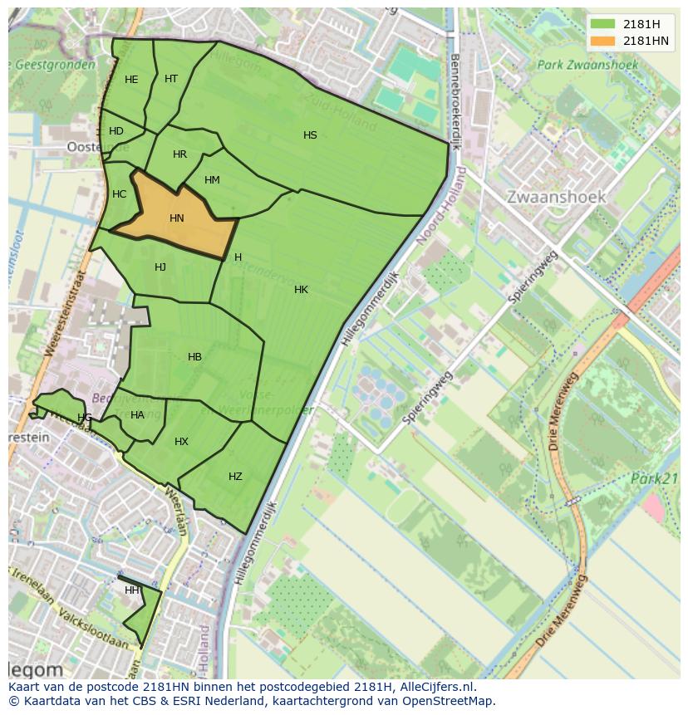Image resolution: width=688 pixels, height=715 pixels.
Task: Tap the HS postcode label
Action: click(x=310, y=135)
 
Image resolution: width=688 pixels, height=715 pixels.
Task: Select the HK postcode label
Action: click(x=301, y=290)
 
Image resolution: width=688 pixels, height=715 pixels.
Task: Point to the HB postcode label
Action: click(x=194, y=357)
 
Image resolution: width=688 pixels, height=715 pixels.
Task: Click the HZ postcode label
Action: click(x=235, y=477)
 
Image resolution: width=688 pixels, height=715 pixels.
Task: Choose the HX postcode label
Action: click(x=181, y=442)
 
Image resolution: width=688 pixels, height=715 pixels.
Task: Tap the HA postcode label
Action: click(x=137, y=415)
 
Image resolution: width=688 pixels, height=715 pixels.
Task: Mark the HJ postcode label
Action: click(x=160, y=267)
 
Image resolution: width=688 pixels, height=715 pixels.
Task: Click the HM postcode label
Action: click(x=212, y=180)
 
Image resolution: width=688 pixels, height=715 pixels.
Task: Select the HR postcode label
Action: click(x=179, y=154)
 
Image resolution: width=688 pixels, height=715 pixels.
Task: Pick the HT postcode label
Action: click(x=171, y=79)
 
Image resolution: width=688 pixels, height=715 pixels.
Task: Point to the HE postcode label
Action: click(x=131, y=80)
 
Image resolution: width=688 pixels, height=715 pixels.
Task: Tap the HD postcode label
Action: click(x=116, y=131)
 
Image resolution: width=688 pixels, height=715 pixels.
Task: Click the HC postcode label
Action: click(x=119, y=194)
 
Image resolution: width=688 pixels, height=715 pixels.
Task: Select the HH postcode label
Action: click(x=132, y=590)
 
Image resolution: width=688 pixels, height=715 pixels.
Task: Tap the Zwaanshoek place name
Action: click(x=556, y=198)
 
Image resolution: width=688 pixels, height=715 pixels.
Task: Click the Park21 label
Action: click(x=654, y=479)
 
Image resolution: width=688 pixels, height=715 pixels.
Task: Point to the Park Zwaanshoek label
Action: click(x=587, y=65)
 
